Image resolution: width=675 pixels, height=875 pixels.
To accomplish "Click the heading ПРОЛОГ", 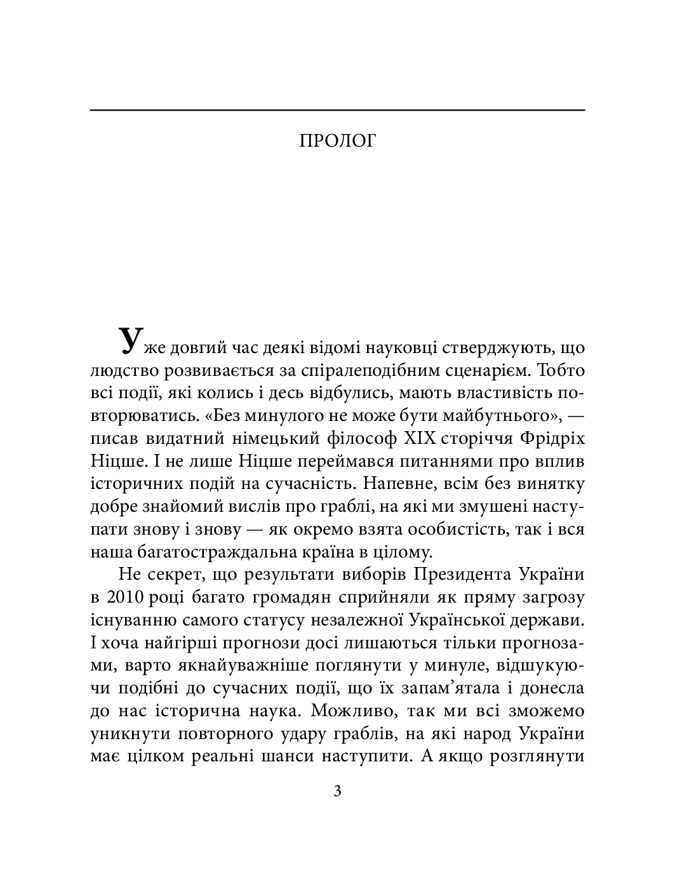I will (x=337, y=140).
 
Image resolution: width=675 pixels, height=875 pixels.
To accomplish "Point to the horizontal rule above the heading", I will (x=337, y=110).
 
